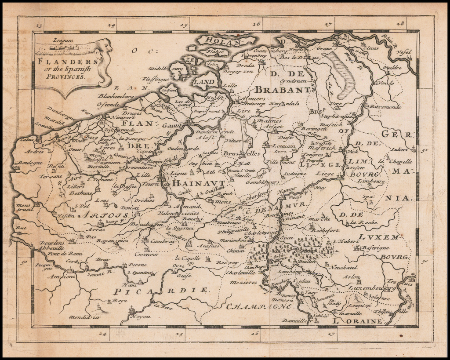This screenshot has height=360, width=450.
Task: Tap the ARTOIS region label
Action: [103, 215]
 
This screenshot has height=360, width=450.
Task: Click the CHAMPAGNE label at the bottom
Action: [254, 306]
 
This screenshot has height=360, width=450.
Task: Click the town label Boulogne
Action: [30, 163]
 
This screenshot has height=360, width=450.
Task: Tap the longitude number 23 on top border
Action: [39, 25]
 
